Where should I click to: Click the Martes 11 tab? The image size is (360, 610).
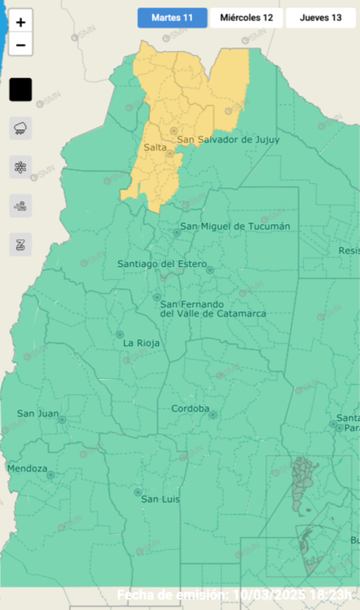click(x=172, y=18)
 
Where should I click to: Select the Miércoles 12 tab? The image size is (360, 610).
click(x=246, y=18)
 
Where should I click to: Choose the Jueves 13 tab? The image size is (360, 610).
click(x=320, y=18)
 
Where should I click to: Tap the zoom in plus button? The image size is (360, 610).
click(x=21, y=23)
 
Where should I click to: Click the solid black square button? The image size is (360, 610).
click(x=21, y=90)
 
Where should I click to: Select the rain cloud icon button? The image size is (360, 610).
click(x=21, y=128)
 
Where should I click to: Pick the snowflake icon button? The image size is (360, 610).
click(x=21, y=167)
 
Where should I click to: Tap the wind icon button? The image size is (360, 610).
click(x=21, y=206)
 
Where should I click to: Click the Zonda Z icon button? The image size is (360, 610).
click(x=21, y=244)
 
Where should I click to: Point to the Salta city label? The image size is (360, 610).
click(x=155, y=147)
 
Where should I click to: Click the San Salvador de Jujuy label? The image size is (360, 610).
click(x=228, y=140)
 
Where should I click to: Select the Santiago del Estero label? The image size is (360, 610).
click(x=162, y=264)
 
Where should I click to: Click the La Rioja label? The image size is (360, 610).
click(x=141, y=343)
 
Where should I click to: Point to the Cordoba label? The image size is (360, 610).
click(x=191, y=409)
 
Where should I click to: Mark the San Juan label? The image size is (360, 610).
click(x=38, y=414)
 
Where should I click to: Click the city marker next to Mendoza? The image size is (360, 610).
click(x=51, y=474)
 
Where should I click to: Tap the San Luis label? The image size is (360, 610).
click(x=160, y=499)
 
